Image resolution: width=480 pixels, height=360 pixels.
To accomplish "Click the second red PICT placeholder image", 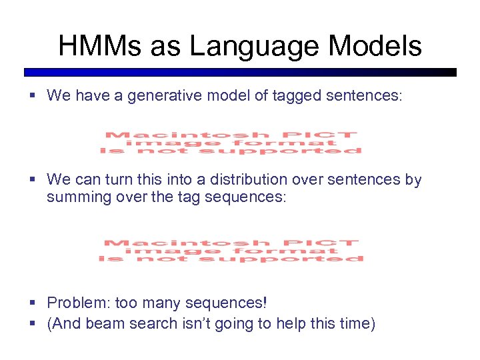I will pyautogui.click(x=231, y=251).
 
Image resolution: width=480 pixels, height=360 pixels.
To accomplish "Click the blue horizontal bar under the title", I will pyautogui.click(x=240, y=72).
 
